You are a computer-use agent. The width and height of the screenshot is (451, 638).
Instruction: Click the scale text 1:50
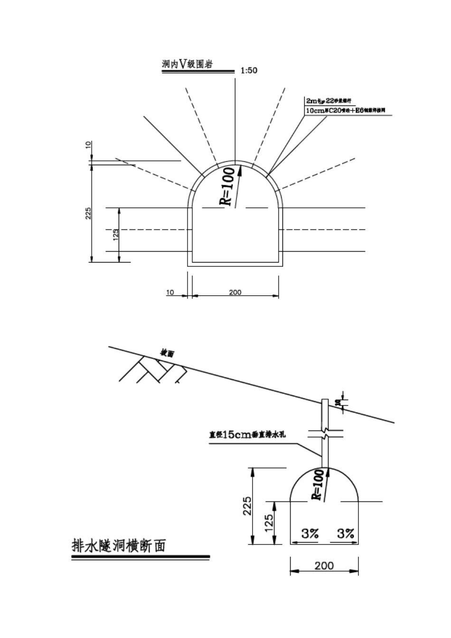[249, 71]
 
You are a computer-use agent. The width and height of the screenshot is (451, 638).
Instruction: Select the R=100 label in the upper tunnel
[227, 186]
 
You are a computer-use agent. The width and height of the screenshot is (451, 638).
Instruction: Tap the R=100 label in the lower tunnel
[318, 485]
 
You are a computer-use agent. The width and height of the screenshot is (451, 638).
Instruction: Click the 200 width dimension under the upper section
[235, 292]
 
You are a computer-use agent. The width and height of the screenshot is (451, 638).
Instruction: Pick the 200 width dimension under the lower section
[324, 566]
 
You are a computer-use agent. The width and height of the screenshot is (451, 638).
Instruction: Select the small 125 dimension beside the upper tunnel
[115, 235]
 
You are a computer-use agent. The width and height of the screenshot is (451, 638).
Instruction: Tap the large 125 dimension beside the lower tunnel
[269, 523]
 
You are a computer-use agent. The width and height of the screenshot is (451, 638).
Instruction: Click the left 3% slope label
[310, 534]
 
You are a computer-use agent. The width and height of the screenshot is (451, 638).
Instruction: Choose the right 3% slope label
[346, 534]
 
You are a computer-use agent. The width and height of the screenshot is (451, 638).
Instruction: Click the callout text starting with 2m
[328, 101]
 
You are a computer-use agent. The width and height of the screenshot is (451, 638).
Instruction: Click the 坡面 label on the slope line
[167, 354]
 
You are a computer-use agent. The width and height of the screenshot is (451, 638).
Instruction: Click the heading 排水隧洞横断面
[119, 546]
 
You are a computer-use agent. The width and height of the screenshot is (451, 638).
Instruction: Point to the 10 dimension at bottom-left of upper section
[170, 292]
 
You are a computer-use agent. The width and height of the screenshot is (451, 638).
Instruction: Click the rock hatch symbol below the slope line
[152, 370]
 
